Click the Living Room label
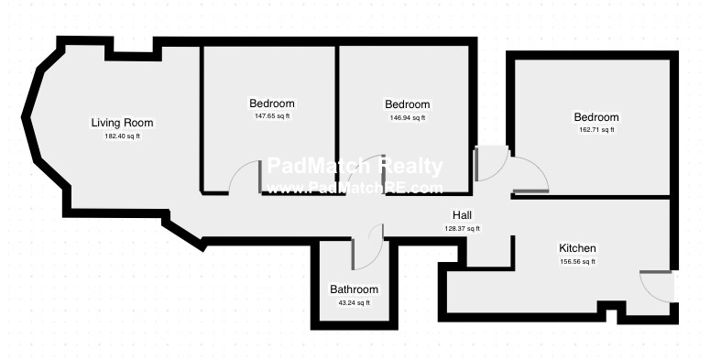[122, 123]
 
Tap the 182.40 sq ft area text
[122, 136]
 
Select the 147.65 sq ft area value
[272, 116]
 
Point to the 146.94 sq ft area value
[408, 118]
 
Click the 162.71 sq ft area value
[596, 130]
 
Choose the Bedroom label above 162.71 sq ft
[596, 117]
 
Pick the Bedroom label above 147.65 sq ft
[272, 104]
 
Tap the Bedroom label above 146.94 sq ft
[408, 104]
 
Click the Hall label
[462, 215]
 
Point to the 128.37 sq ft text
[462, 229]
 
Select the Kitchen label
[578, 248]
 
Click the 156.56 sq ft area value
[578, 262]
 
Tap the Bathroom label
[354, 289]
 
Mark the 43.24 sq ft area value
[354, 303]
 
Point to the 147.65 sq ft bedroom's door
[245, 179]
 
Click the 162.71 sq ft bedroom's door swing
[531, 174]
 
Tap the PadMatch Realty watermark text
[355, 167]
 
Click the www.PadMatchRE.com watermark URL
[355, 188]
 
